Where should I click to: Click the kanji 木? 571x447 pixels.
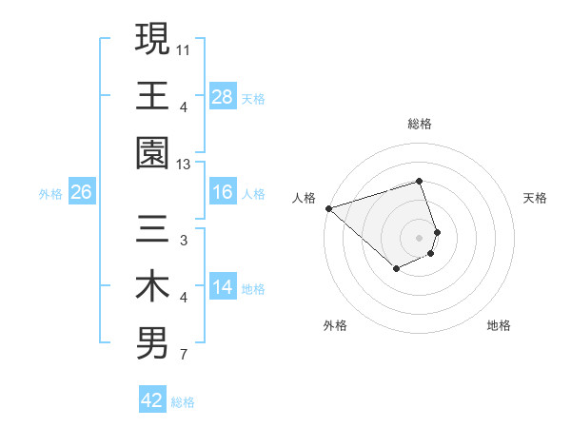click(152, 287)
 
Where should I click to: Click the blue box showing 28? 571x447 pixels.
click(223, 96)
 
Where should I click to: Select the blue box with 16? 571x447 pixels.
click(223, 192)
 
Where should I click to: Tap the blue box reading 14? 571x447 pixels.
click(223, 287)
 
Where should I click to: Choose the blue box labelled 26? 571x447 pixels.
click(81, 192)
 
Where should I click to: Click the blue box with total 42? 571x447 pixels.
click(152, 400)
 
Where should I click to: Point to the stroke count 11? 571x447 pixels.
click(184, 48)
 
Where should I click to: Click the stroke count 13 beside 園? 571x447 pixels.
click(184, 165)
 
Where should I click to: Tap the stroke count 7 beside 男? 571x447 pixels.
click(183, 357)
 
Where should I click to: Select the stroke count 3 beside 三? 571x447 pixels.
click(183, 241)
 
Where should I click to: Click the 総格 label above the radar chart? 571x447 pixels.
click(420, 124)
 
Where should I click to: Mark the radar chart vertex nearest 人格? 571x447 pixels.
click(328, 207)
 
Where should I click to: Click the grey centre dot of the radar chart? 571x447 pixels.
click(420, 236)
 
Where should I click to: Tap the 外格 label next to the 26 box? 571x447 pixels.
click(50, 193)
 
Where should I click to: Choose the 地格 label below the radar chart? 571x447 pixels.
click(499, 325)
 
